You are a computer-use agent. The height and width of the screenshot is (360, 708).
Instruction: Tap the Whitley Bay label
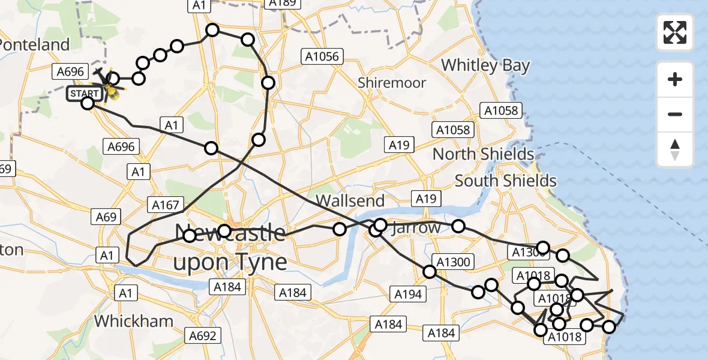click(x=485, y=65)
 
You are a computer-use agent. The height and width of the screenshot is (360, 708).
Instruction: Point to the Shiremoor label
click(x=392, y=83)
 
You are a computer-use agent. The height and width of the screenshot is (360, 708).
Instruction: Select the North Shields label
click(x=483, y=154)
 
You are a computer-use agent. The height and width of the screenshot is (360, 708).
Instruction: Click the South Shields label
click(x=505, y=180)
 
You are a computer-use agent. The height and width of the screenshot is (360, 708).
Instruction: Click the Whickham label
click(x=133, y=321)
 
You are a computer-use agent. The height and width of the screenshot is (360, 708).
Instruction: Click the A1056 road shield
click(x=322, y=57)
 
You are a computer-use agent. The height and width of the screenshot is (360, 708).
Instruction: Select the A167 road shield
click(x=166, y=205)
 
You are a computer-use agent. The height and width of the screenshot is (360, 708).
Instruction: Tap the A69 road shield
click(x=106, y=217)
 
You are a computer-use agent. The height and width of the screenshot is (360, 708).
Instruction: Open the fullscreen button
click(x=675, y=32)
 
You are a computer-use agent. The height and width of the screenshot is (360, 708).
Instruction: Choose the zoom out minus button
click(x=675, y=114)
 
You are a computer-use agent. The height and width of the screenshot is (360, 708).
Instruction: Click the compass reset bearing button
click(x=675, y=149)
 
